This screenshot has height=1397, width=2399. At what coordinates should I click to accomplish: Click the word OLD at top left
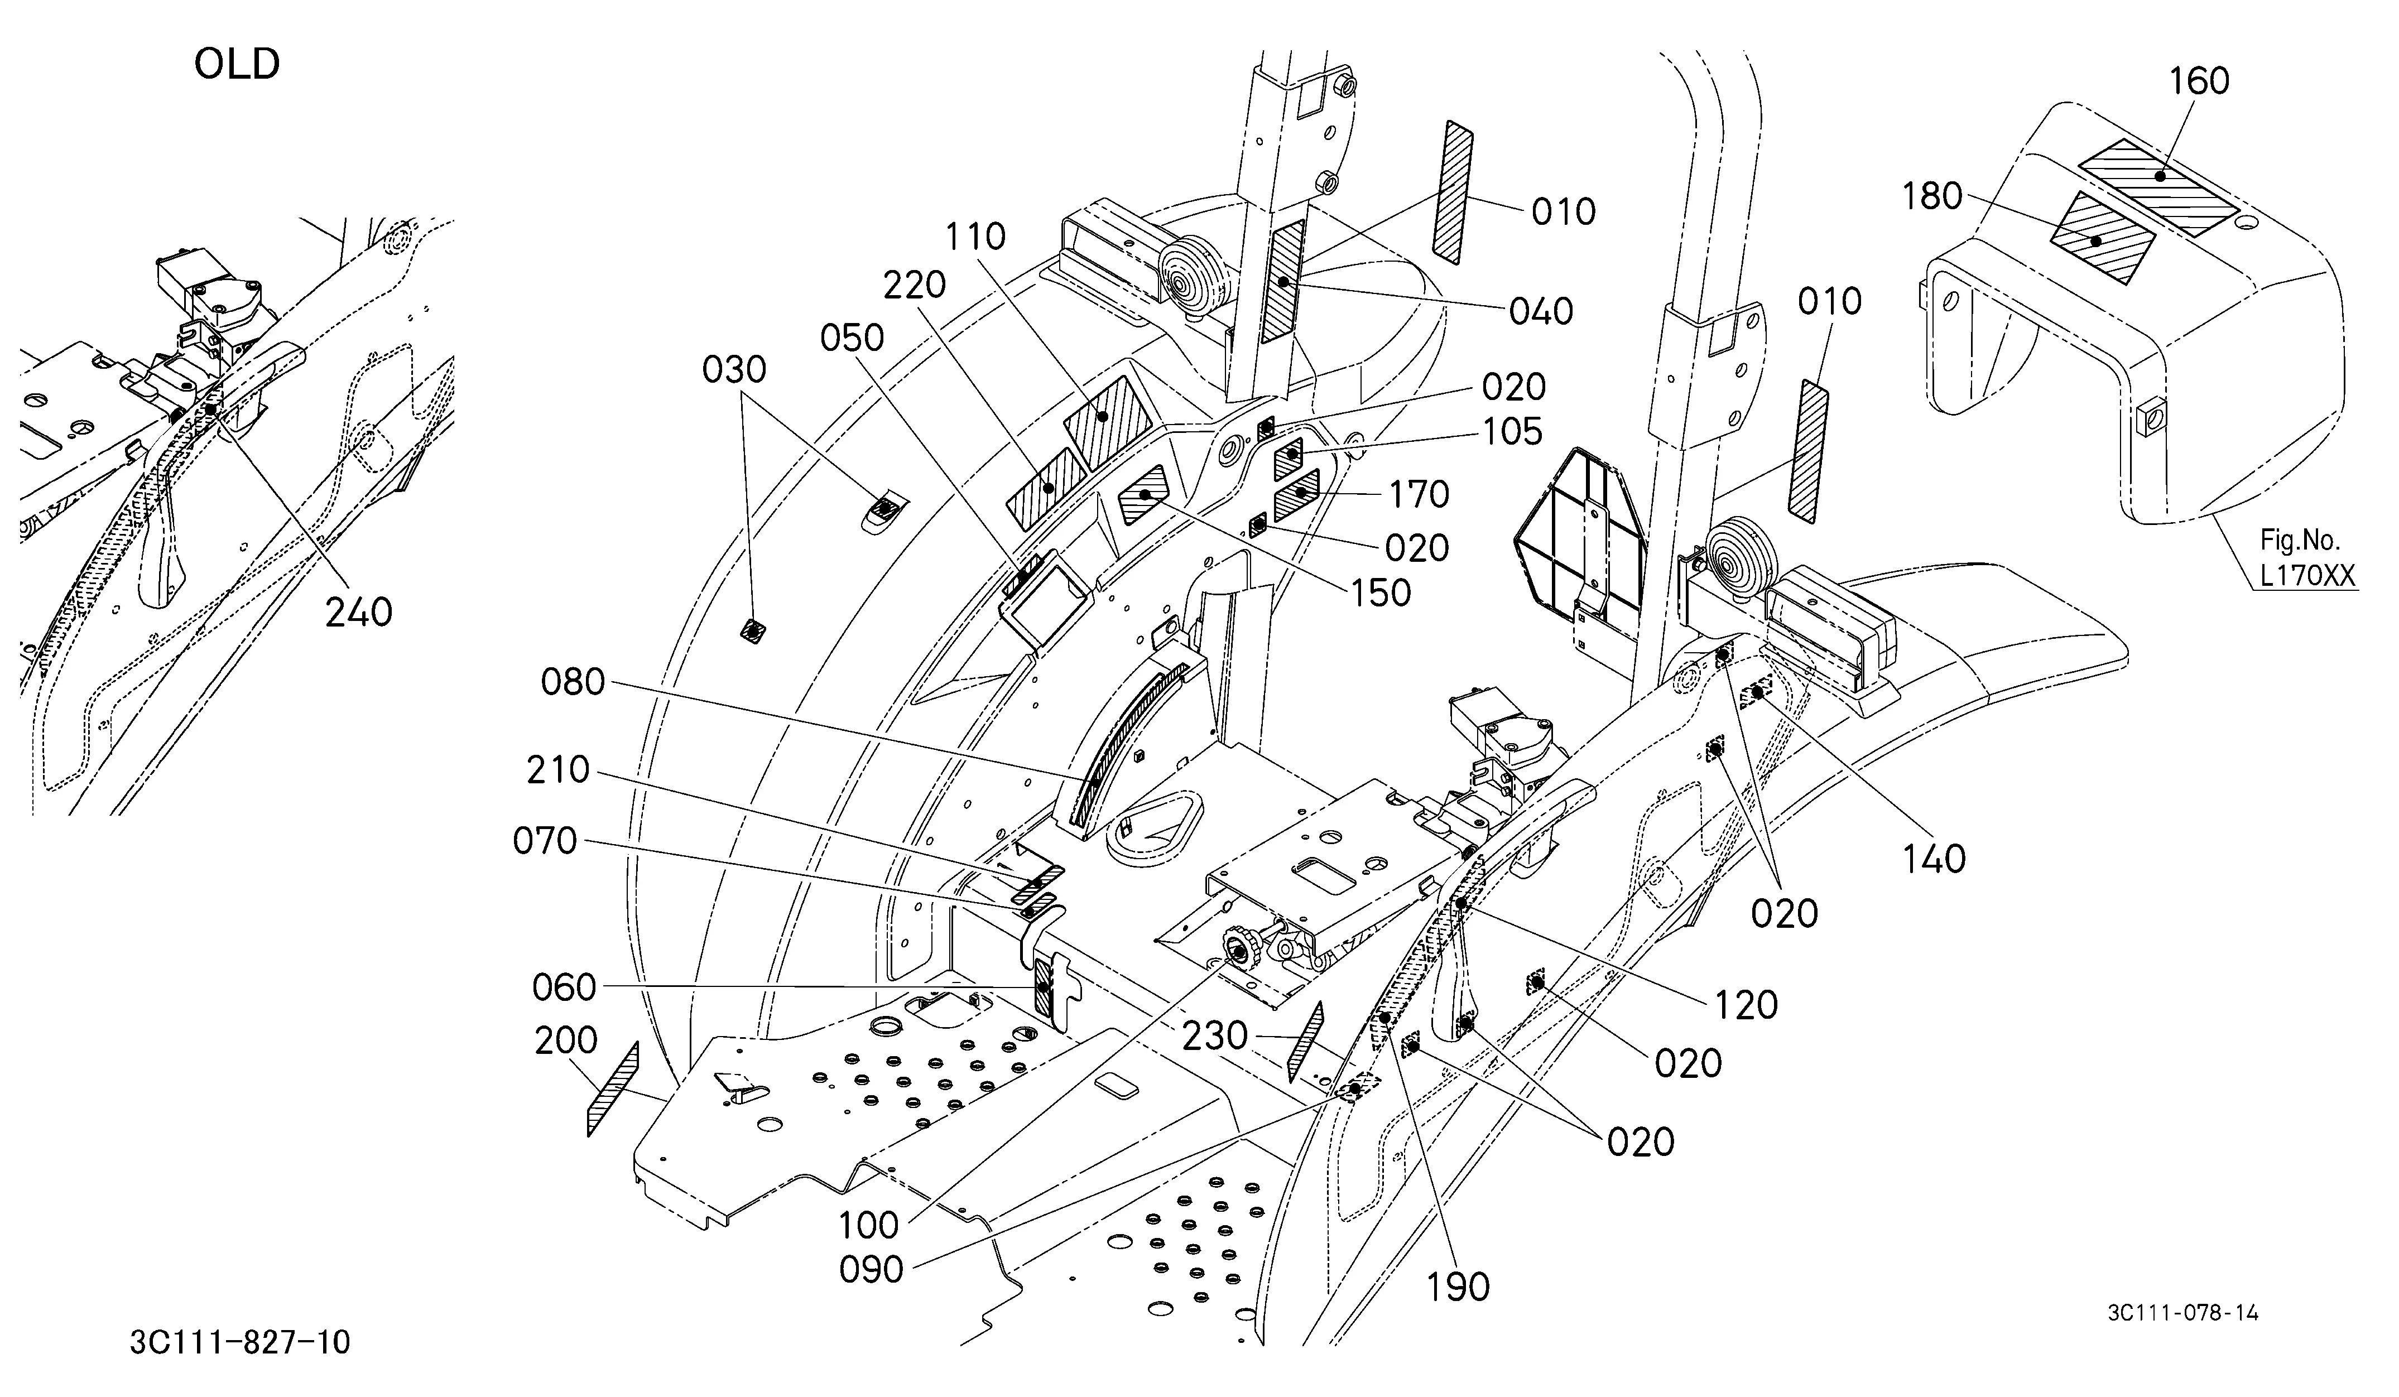[x=237, y=65]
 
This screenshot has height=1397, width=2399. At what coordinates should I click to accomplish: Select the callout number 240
[x=359, y=613]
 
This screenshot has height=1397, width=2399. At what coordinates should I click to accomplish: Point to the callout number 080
[x=573, y=681]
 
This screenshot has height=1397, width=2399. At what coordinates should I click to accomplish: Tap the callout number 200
[x=566, y=1041]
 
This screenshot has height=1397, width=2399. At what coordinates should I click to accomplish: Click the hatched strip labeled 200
[x=613, y=1090]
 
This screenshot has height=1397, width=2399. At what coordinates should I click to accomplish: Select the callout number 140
[x=1934, y=859]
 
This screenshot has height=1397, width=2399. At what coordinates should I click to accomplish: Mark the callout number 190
[x=1458, y=1288]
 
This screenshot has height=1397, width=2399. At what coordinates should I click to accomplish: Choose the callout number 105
[x=1512, y=432]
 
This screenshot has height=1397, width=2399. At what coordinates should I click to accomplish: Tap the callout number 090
[x=871, y=1269]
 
